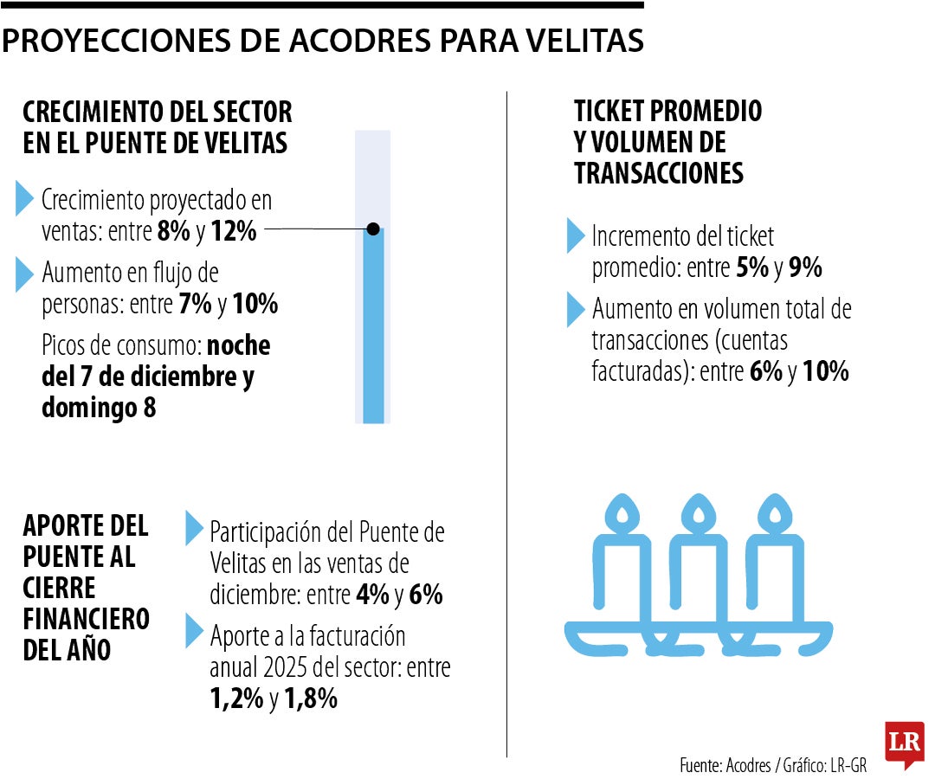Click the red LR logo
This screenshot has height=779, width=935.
point(905,743)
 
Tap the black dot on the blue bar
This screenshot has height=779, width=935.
point(373,229)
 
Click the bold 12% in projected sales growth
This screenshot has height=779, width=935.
point(234,232)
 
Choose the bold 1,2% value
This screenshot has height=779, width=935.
point(236,699)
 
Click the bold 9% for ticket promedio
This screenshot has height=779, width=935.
point(805,268)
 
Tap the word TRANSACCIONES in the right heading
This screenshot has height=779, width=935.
point(659,173)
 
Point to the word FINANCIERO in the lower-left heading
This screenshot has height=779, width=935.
point(87,619)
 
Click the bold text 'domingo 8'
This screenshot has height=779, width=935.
point(99,408)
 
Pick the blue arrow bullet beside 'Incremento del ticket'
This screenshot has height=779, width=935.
point(576,235)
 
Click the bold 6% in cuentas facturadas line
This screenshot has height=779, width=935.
point(765,372)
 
